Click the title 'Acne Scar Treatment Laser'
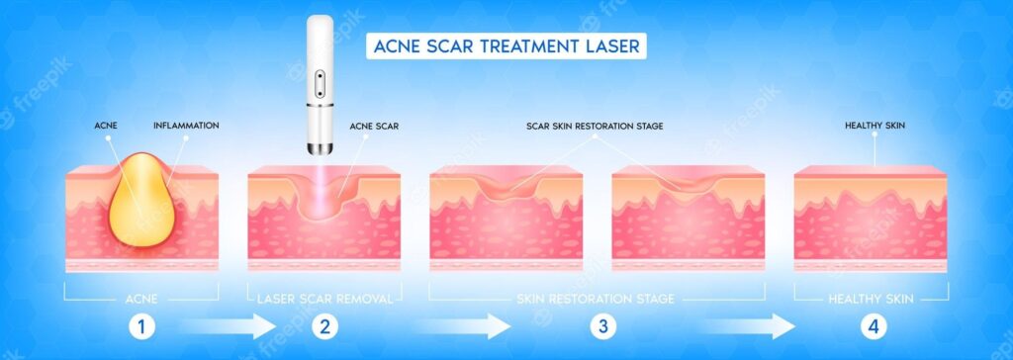pyautogui.click(x=506, y=45)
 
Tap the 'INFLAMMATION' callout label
pyautogui.click(x=186, y=126)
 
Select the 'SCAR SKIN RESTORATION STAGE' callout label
pyautogui.click(x=595, y=126)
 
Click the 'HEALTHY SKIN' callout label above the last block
pyautogui.click(x=875, y=126)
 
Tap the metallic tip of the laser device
pyautogui.click(x=320, y=148)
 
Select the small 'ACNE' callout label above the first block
pyautogui.click(x=106, y=126)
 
